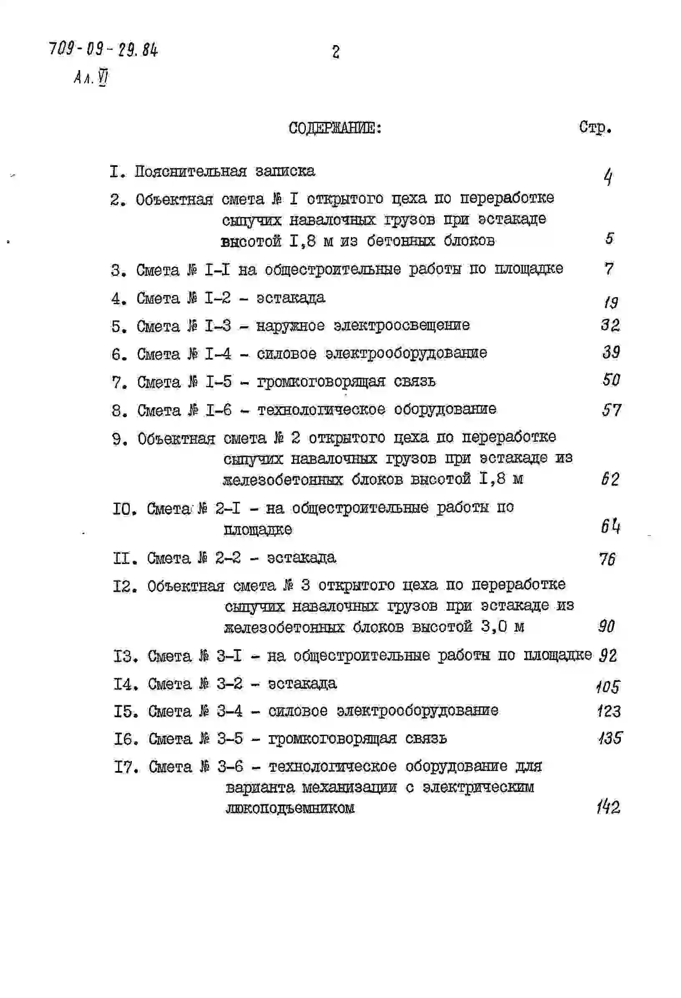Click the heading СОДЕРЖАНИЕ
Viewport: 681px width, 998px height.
pos(335,128)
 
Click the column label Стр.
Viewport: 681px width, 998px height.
pos(595,127)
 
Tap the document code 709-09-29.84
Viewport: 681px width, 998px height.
pos(103,50)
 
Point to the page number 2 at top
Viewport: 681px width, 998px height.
pos(336,53)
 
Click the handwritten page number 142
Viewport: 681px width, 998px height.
pos(608,807)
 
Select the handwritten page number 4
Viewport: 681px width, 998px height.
pos(608,177)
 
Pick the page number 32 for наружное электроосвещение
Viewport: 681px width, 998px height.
pos(610,325)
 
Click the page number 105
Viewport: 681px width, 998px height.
pos(608,687)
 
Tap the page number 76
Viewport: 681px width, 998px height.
pos(608,559)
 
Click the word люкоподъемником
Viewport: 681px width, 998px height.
pos(290,808)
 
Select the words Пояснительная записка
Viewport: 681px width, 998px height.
pos(224,171)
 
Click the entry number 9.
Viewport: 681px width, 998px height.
pos(120,439)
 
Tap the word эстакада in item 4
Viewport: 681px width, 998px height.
pos(291,297)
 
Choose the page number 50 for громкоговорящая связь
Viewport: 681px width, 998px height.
pos(611,380)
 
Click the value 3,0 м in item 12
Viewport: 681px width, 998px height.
pos(502,627)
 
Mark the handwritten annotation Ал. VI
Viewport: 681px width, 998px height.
pos(91,78)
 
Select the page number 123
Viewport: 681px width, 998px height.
pos(609,711)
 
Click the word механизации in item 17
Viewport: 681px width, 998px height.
pos(349,788)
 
